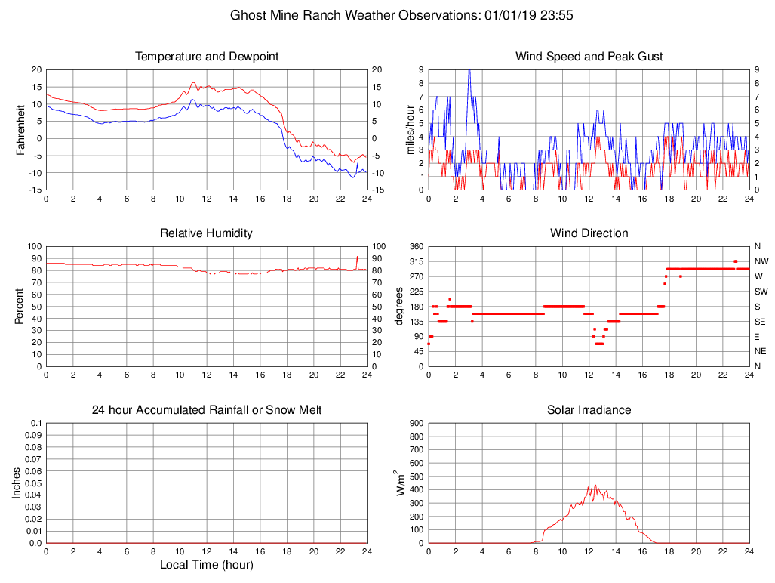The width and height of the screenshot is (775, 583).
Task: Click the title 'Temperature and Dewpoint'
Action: click(x=206, y=57)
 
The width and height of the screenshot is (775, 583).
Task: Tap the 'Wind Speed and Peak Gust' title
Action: click(x=589, y=57)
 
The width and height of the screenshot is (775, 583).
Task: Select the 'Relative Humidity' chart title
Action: click(x=206, y=233)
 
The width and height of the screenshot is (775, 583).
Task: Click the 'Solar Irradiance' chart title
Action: click(x=589, y=410)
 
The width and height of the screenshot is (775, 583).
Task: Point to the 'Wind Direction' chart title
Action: click(x=589, y=233)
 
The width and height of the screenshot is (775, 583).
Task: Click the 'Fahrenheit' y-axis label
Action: click(x=21, y=129)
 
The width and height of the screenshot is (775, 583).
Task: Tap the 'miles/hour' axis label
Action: click(x=411, y=129)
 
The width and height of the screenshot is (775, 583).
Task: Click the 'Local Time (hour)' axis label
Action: click(x=206, y=564)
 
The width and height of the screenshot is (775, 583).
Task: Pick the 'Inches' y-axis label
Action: click(x=17, y=483)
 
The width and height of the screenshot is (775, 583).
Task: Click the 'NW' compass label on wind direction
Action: click(x=761, y=261)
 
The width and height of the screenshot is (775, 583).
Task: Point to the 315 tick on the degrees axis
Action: click(x=416, y=261)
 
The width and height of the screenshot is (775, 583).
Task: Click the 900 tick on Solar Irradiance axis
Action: click(x=416, y=423)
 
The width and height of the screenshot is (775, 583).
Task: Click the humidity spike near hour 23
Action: click(x=357, y=258)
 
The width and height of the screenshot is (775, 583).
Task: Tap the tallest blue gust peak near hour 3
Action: click(x=469, y=70)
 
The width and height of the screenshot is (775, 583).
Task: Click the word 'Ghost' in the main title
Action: click(x=248, y=15)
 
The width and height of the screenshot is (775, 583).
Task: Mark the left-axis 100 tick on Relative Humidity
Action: click(x=32, y=246)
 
